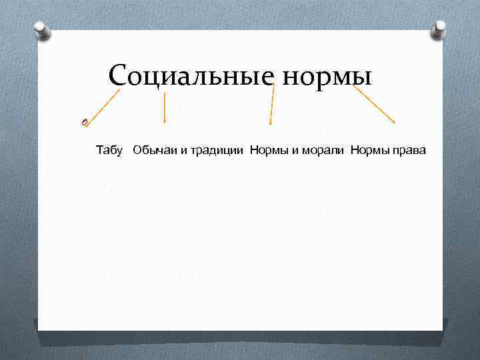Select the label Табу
click(x=109, y=150)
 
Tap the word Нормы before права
click(x=366, y=150)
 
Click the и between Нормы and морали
click(x=289, y=151)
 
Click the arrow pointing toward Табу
click(x=103, y=106)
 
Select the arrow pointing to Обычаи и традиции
click(x=165, y=108)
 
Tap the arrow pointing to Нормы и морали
click(x=271, y=105)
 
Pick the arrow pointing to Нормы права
click(x=374, y=105)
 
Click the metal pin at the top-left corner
click(x=41, y=30)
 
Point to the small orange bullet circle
click(x=84, y=121)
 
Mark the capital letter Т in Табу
click(x=99, y=150)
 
